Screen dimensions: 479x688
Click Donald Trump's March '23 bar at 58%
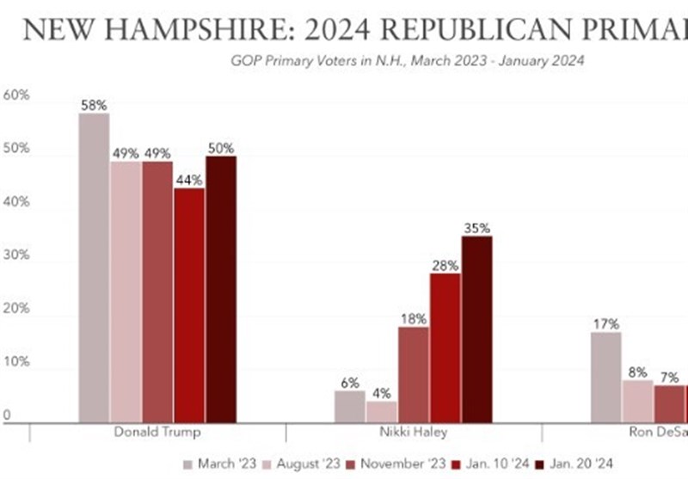coord(94,267)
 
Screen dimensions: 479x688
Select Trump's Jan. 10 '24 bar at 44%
coord(188,305)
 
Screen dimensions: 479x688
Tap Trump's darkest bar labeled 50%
coord(220,289)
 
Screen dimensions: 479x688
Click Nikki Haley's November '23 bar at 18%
coord(413,374)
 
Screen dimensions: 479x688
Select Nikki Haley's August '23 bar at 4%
coord(381,412)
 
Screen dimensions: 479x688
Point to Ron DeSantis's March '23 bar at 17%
coord(605,378)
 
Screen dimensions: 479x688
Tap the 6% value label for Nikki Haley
coord(349,383)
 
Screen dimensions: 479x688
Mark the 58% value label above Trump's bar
coord(94,105)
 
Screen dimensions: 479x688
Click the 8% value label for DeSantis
coord(637,372)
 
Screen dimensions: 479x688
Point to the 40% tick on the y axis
coord(17,202)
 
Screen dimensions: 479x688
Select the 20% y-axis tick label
coord(17,309)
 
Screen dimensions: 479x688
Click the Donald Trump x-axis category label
coord(157,432)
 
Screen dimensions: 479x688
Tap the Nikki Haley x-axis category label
coord(413,432)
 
